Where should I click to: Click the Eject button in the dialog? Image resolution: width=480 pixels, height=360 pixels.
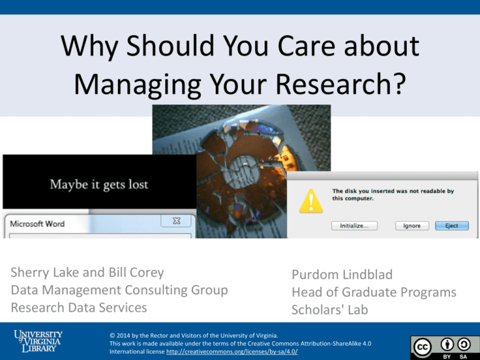pos(452,226)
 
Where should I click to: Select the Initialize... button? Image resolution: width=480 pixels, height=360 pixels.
pos(354,226)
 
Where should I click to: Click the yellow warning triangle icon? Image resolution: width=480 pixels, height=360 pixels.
pos(311,201)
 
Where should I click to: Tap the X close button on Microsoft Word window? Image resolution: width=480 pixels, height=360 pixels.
pos(177,221)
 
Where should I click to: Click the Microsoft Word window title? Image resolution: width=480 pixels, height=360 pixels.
pos(37,224)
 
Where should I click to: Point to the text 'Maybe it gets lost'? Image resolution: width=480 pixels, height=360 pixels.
pos(99,184)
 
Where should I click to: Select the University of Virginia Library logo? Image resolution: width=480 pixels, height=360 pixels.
pos(38,341)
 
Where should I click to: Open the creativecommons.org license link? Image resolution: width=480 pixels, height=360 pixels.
pos(232,351)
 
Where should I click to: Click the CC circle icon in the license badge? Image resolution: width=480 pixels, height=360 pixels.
pos(422,347)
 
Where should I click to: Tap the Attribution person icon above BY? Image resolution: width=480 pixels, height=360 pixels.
pos(447,345)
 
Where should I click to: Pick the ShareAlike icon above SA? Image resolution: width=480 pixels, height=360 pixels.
pos(464,345)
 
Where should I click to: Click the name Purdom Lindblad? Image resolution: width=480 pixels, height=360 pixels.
pos(342,274)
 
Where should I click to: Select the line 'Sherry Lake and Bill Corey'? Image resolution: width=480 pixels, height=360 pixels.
pos(87,272)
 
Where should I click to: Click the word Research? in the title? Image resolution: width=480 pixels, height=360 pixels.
pos(341,84)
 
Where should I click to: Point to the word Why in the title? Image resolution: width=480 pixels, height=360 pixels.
pos(89,46)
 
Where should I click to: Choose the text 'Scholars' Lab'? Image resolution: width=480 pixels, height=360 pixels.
pos(330,310)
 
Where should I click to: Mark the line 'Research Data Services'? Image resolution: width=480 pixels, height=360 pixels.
pos(79,307)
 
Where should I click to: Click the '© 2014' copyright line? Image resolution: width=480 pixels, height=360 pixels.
pos(194,336)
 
